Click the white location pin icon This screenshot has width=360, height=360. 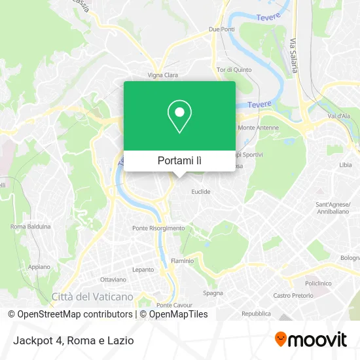pos(179,116)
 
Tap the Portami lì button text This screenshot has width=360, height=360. pos(179,160)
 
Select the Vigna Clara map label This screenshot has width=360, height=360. pos(163,75)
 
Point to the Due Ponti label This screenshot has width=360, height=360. pos(221,29)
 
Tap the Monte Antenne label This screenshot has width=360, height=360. pos(254,128)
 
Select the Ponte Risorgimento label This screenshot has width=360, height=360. pos(158,228)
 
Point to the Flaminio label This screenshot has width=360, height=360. pos(182,261)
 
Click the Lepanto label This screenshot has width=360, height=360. pos(143,269)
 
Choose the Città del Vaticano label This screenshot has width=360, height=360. pos(92,297)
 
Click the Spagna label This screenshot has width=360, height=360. pos(213,293)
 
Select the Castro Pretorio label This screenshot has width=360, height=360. pos(291,296)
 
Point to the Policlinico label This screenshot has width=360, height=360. pos(317,284)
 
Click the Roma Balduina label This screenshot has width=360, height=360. pos(30,226)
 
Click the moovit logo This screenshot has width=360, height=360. pos(311,339)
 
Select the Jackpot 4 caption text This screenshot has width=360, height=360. pos(73,340)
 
